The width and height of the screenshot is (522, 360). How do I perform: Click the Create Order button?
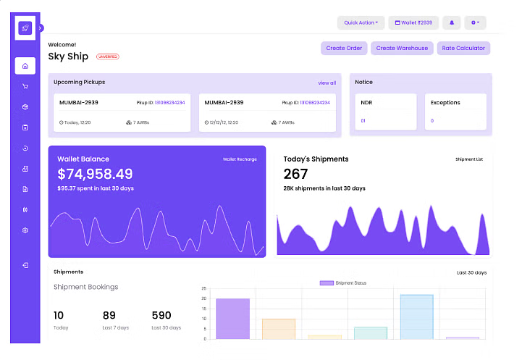click(344, 49)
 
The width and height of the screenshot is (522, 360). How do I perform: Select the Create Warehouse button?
click(402, 49)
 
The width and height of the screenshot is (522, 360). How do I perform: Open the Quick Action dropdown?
click(361, 22)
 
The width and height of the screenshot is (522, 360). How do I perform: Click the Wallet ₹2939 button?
click(413, 22)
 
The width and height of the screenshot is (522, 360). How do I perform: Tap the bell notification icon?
click(452, 22)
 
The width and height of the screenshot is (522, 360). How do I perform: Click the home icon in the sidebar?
click(25, 66)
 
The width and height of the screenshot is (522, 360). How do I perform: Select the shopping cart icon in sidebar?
click(25, 87)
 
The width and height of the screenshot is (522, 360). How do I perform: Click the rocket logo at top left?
click(25, 28)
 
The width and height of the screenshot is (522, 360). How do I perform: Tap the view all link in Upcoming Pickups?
click(327, 83)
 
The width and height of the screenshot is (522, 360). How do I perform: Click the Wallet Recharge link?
click(240, 159)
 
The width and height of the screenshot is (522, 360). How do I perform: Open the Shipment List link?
click(471, 159)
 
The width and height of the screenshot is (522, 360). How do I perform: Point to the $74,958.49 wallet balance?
click(95, 174)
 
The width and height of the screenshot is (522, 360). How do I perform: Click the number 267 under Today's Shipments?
click(295, 174)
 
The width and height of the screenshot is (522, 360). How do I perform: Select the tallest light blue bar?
click(416, 317)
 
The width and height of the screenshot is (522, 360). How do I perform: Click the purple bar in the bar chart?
click(233, 319)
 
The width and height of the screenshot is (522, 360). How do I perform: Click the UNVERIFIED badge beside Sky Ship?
click(107, 56)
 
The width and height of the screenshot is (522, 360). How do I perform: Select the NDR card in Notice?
click(386, 112)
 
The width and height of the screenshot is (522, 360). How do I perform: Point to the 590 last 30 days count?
click(161, 315)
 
